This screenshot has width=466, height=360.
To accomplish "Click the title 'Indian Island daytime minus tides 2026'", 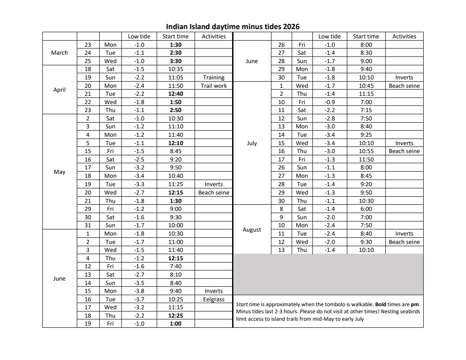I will [233, 27].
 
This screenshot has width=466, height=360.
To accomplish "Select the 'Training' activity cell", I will [214, 77].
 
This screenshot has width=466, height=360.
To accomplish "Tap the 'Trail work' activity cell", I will [214, 86].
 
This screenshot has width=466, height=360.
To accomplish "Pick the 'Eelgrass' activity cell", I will [214, 299].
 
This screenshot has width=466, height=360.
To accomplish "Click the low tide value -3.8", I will [139, 291].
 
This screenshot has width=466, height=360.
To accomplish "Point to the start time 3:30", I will [176, 61].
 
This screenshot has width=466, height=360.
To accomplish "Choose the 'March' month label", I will [60, 53].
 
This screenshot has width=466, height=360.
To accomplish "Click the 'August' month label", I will [252, 229].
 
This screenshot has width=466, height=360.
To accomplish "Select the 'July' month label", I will [252, 143].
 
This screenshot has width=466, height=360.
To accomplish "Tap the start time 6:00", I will [366, 209].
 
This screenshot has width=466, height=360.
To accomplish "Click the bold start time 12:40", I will [176, 94].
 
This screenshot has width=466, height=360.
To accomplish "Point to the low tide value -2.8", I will [329, 118].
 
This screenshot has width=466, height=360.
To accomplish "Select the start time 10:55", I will [366, 151].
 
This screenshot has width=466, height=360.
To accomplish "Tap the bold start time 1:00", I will [176, 324].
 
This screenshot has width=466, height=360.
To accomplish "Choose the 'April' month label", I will [60, 90].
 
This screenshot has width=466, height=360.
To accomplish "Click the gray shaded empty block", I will [328, 274].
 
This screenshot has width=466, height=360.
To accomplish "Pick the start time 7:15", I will [366, 110].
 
